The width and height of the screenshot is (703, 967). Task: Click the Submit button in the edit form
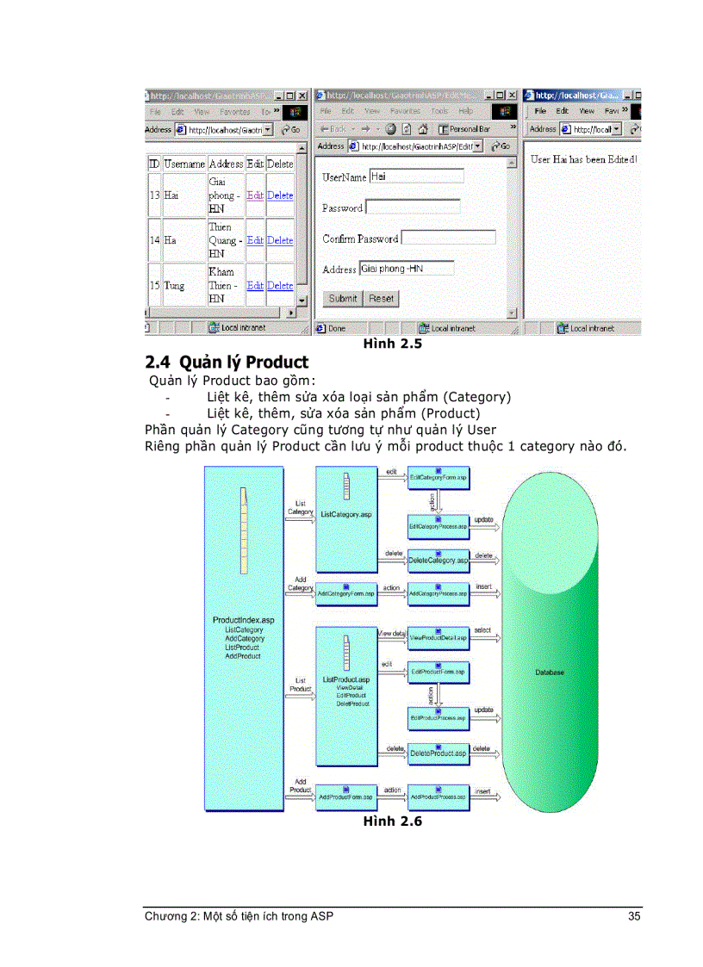(x=342, y=299)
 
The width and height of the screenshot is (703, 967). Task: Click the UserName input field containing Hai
(x=416, y=177)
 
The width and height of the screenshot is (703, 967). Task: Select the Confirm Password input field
(x=448, y=238)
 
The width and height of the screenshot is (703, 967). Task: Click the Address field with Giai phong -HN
(x=406, y=269)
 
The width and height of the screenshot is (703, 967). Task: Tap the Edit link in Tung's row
(x=255, y=285)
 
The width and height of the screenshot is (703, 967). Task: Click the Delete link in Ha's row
(x=280, y=240)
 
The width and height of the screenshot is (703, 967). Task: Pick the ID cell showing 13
(x=154, y=195)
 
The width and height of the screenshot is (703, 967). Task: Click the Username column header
(x=184, y=164)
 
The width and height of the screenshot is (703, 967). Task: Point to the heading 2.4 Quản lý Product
(x=227, y=362)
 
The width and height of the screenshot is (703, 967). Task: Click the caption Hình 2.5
(x=392, y=345)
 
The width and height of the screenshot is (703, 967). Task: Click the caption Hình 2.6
(x=392, y=821)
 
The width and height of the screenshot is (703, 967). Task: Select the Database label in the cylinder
(x=550, y=673)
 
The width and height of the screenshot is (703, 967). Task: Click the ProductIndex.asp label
(x=244, y=620)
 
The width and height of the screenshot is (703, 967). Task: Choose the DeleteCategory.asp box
(x=439, y=561)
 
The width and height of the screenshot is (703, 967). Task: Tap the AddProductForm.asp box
(x=345, y=797)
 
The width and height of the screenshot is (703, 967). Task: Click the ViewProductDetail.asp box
(x=439, y=638)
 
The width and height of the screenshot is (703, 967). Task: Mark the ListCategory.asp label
(x=346, y=514)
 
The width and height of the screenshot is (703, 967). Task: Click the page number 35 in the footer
(x=634, y=916)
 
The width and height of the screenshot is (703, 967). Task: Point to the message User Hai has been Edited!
(x=583, y=159)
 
